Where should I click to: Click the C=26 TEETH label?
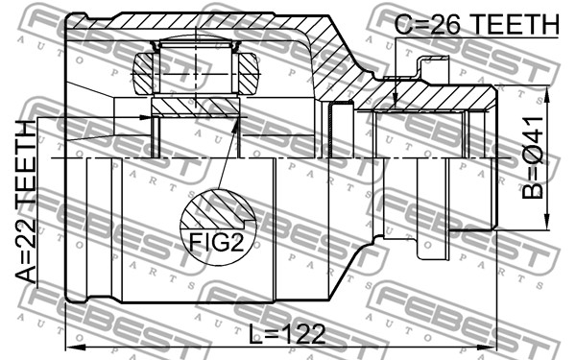tap(477, 24)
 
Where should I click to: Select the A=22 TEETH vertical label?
tap(26, 202)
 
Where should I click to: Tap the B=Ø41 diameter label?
tap(532, 158)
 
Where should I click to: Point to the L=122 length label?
tap(287, 334)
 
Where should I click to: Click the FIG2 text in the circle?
tap(216, 242)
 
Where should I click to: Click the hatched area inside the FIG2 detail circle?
tap(217, 209)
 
